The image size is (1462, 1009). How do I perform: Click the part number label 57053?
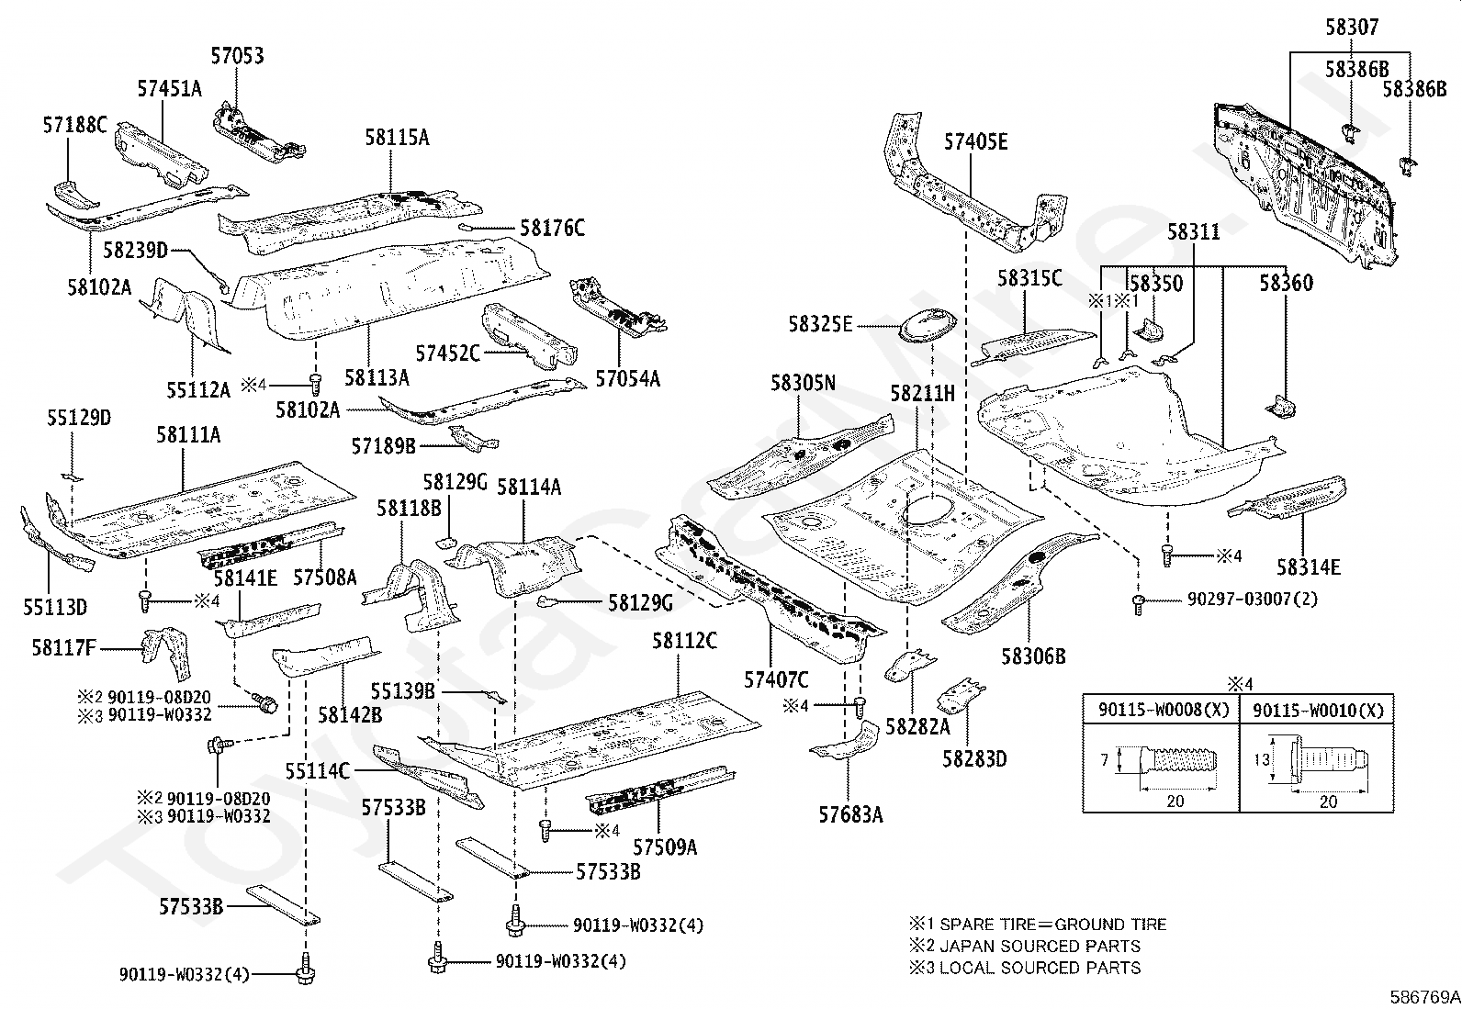coord(237,56)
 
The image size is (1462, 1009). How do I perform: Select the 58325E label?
coord(820,324)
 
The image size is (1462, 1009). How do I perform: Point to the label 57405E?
coord(976,141)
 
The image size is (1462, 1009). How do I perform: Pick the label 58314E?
coord(1309,567)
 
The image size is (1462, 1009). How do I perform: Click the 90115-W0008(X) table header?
coord(1161,710)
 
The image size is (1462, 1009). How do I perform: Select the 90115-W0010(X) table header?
coord(1317,710)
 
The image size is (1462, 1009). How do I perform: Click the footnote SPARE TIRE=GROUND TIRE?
coord(1038,925)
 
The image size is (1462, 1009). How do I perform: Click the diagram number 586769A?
coord(1423,996)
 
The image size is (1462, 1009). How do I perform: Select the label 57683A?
coord(850,813)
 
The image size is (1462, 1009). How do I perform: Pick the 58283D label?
coord(974,758)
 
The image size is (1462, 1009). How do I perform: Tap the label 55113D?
coord(55,606)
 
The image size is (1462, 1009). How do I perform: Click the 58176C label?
coord(552,228)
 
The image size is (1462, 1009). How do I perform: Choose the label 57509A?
coord(665,846)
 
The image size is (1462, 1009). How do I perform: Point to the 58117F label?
coord(63,648)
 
